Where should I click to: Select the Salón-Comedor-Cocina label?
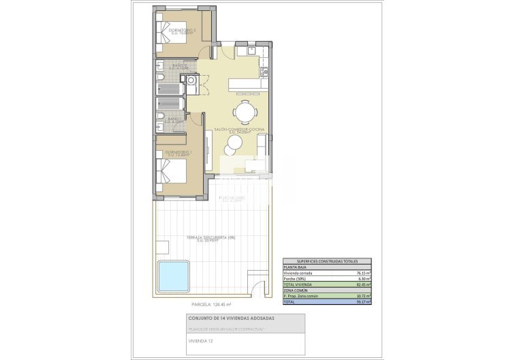(x=239, y=129)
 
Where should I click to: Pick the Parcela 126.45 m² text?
(x=212, y=304)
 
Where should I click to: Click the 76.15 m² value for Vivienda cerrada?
(x=362, y=273)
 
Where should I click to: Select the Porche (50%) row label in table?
(x=294, y=278)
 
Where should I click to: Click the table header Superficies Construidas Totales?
(x=327, y=261)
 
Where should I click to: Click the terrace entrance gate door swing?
(x=259, y=290)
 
